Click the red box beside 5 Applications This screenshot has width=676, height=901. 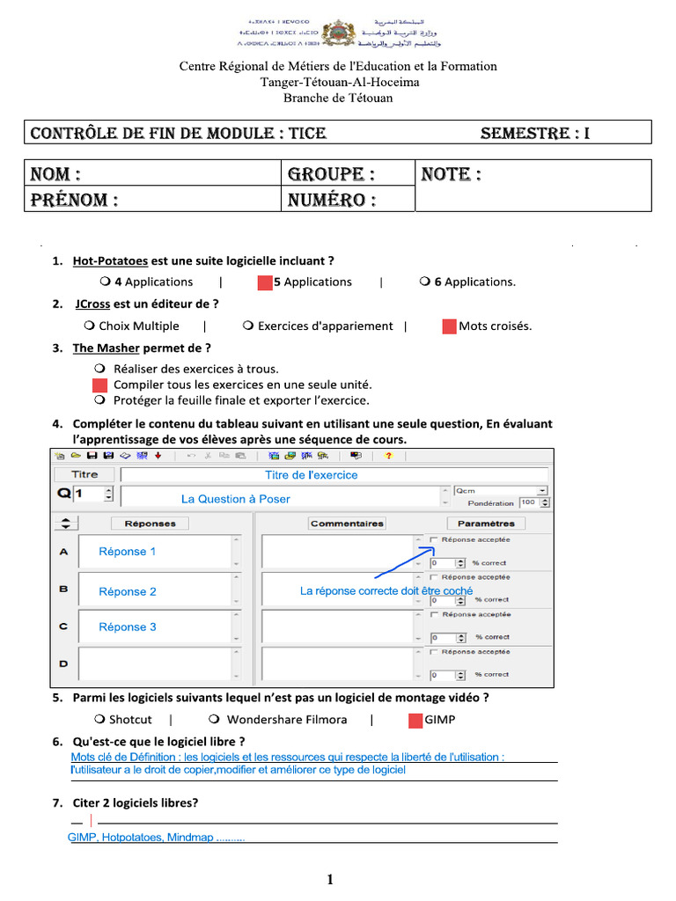click(x=264, y=282)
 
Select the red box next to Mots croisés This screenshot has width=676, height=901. click(x=449, y=326)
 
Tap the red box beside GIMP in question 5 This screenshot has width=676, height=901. click(x=415, y=720)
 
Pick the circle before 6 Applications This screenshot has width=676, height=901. click(x=425, y=282)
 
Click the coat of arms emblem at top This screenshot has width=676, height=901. click(x=337, y=33)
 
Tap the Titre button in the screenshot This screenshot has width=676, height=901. click(x=84, y=474)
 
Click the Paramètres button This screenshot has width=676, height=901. click(x=487, y=523)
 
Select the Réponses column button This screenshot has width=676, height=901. click(x=150, y=523)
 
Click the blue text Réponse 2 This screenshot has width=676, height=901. click(x=128, y=591)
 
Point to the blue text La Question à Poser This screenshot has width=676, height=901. click(x=235, y=499)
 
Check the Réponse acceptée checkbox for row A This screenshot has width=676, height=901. click(x=433, y=539)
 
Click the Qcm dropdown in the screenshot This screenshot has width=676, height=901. click(x=501, y=490)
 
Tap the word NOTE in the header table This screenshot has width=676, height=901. click(x=452, y=174)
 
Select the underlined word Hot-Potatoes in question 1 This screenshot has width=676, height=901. click(x=110, y=260)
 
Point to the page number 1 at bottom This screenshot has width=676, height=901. click(x=329, y=879)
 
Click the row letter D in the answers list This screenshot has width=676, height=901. click(x=63, y=663)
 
